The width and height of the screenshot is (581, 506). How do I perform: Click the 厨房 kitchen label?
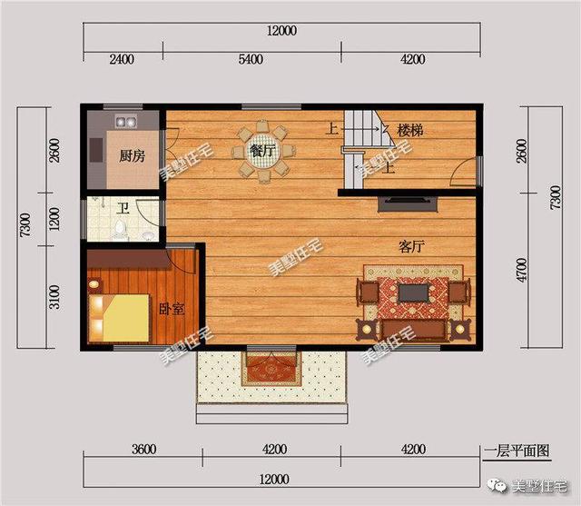coord(132,156)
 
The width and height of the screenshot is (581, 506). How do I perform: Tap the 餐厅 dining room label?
coord(262,151)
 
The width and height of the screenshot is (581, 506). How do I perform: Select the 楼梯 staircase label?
coord(410,131)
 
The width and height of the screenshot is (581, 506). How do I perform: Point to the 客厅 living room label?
coord(411,246)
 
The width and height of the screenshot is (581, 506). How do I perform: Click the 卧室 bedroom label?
coord(172,309)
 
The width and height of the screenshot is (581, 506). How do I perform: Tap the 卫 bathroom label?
coord(123,209)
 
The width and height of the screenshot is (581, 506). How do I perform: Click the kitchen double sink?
coord(126,122)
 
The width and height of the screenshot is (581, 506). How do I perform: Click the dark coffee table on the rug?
coord(414,293)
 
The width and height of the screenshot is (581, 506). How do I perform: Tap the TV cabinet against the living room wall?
coord(408,204)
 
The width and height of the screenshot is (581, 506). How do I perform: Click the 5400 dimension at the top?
coord(251,59)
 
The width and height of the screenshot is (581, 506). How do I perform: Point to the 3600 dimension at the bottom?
coord(143,450)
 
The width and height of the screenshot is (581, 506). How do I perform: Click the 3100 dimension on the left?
coord(54,297)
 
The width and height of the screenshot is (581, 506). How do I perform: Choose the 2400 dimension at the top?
coord(122,59)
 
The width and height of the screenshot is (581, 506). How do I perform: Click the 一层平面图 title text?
coord(517,451)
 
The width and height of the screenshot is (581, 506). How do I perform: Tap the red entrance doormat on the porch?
coord(272,369)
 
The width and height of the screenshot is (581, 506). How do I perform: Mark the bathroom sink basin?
coord(148,235)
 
